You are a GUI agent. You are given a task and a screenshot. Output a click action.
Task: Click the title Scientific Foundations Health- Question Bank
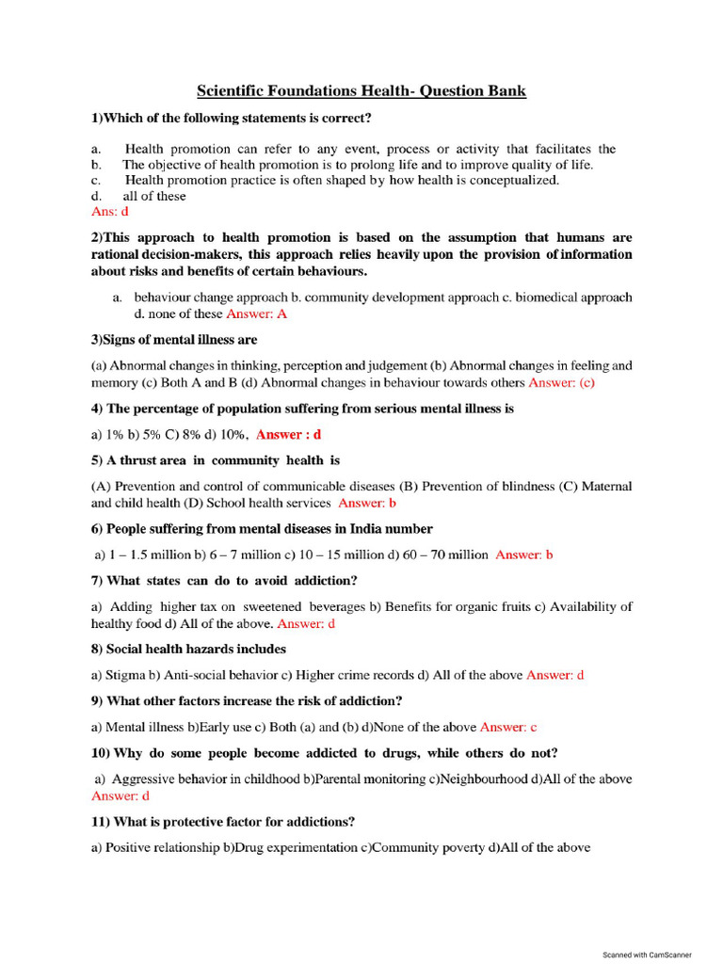click(x=361, y=91)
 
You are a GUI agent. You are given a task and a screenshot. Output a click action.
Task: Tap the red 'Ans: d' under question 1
click(x=109, y=212)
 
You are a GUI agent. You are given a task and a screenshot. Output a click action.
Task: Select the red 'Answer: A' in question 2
click(x=257, y=313)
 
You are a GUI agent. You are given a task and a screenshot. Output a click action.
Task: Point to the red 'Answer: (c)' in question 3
click(x=562, y=383)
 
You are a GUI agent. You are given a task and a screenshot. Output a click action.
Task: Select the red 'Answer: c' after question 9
click(x=508, y=727)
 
